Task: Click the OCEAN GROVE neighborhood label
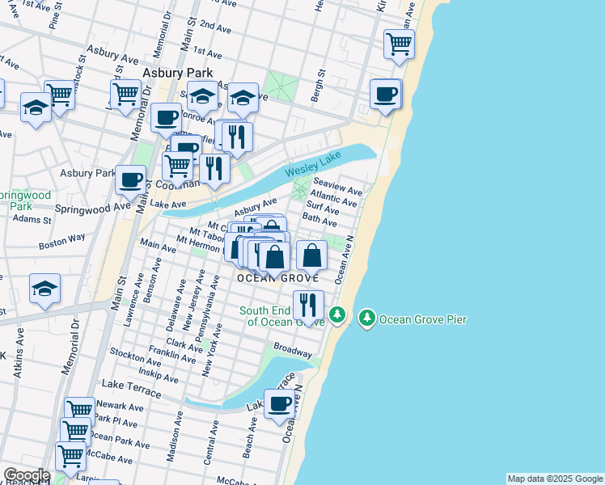272,278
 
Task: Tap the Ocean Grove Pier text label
423,318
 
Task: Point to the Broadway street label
293,352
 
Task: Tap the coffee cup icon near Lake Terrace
280,404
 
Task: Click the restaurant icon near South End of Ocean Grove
308,305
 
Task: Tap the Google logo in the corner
26,475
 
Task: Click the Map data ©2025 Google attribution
555,479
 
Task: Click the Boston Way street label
61,241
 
